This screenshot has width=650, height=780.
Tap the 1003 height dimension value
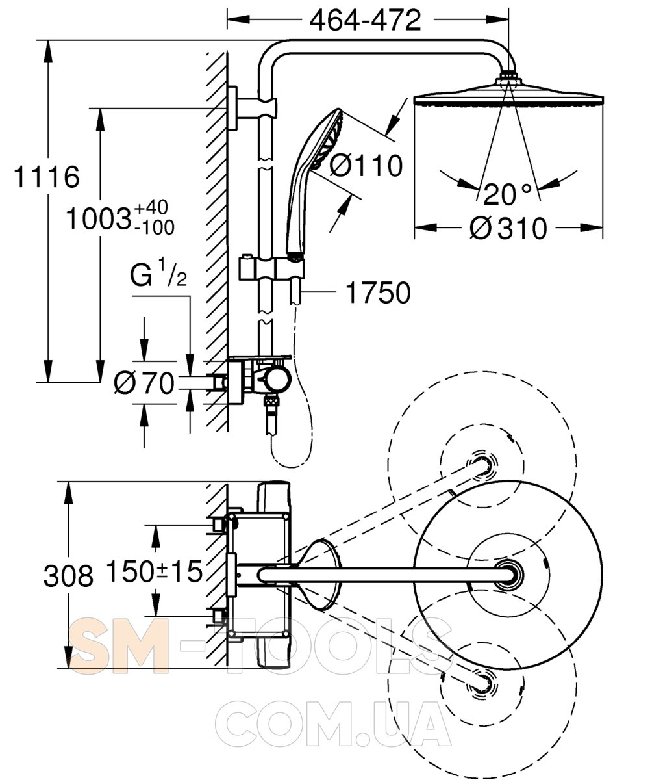99,219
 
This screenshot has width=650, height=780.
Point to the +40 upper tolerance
151,207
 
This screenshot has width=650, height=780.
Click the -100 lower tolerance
154,227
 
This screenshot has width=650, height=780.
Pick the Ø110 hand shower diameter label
366,165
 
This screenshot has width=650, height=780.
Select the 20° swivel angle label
507,194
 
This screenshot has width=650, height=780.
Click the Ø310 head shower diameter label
508,228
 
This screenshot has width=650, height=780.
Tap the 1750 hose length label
378,292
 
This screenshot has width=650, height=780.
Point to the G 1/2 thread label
158,274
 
